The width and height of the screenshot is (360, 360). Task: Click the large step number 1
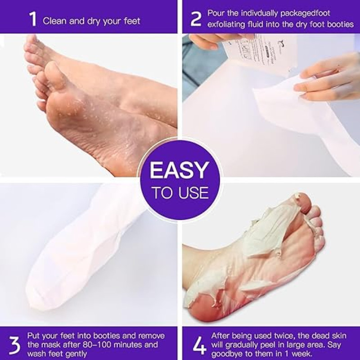pos(33,19)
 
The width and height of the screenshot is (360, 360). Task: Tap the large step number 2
pos(196,19)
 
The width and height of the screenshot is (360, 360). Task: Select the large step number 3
pos(15,345)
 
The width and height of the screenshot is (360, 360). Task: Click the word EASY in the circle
pos(180,170)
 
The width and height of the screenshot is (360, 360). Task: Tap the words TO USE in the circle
pos(180,193)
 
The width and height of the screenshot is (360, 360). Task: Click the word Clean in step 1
pos(54,21)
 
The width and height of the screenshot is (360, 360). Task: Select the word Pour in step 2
pos(216,13)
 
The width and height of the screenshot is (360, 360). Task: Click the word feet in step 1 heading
pos(132,21)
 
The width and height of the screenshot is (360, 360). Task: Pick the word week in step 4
pos(301,353)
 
